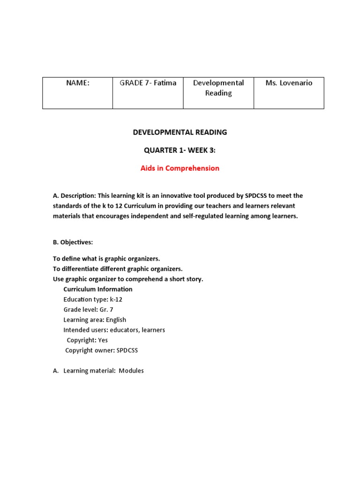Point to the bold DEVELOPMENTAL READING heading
tap(180, 132)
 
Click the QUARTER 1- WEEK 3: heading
tap(180, 150)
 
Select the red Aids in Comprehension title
tap(180, 168)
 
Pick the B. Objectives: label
tap(73, 242)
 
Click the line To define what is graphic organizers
tap(106, 259)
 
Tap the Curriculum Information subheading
tap(98, 289)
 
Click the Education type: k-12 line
tap(93, 300)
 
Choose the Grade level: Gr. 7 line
tap(89, 310)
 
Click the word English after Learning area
tap(116, 320)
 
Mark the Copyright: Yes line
tap(87, 340)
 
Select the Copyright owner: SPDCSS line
tap(102, 351)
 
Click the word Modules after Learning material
tap(131, 371)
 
